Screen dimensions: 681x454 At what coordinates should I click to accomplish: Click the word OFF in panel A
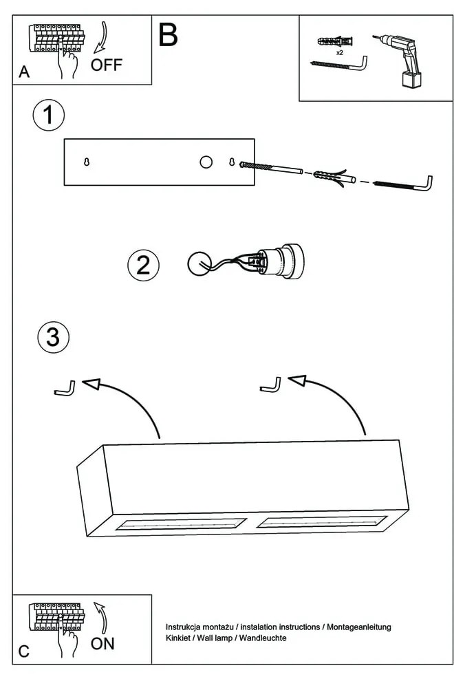pos(106,65)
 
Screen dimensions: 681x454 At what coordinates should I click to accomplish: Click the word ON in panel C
pos(102,644)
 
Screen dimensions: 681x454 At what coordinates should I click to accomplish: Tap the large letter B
pos(168,34)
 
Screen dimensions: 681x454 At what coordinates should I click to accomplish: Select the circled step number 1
pos(48,115)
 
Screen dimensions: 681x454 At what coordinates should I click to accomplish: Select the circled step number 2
pos(143,265)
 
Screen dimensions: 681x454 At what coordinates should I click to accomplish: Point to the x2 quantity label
pos(340,52)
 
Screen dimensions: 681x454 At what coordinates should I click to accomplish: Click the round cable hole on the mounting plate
pos(206,162)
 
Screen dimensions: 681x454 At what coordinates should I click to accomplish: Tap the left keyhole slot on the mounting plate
pos(87,162)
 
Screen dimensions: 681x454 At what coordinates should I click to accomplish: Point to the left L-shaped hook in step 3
pos(65,389)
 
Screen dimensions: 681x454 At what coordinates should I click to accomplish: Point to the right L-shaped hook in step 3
pos(271,385)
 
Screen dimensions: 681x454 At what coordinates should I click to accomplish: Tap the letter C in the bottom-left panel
pos(25,651)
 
